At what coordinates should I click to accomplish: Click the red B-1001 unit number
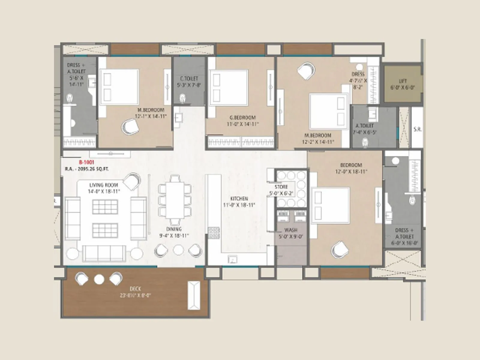coord(86,162)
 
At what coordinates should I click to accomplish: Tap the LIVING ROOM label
coord(103,185)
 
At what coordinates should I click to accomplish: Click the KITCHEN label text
coord(239,199)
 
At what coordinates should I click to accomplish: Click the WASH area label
coord(291,230)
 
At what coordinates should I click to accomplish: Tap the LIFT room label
coord(403,81)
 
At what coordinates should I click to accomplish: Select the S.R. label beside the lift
coord(417,129)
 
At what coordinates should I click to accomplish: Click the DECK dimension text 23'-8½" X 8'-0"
coord(135,295)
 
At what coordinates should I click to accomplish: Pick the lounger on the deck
coord(194,295)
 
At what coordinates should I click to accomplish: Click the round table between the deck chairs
coord(99,279)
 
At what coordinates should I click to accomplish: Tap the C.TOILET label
coord(189,79)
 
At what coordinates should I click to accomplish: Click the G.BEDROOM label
coord(243,118)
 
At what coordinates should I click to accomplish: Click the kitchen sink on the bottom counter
coord(232,259)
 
